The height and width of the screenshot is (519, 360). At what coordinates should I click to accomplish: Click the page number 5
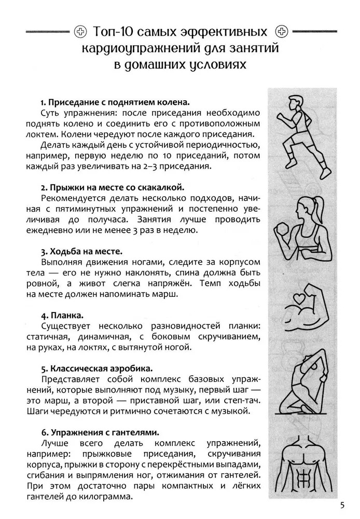[x=342, y=505]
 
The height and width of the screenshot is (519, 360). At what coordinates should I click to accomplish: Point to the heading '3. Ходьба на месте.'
[x=81, y=252]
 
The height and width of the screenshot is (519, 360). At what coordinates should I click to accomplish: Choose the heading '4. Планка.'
[x=62, y=315]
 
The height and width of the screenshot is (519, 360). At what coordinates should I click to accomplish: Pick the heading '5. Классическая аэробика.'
[x=96, y=368]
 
